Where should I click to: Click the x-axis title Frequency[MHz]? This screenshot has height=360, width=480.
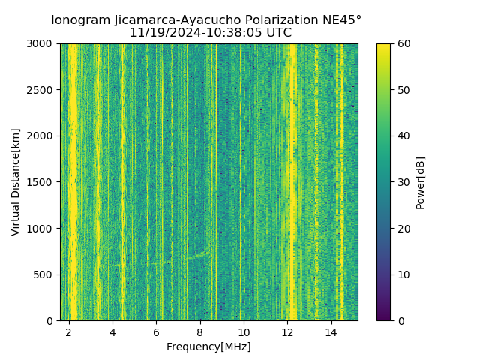[x=208, y=346]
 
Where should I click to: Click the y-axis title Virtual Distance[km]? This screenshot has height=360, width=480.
[x=16, y=181]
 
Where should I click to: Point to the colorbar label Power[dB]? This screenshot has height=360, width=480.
[x=421, y=182]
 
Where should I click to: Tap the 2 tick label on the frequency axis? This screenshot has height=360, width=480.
[x=69, y=332]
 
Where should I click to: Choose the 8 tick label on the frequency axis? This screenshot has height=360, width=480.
[x=200, y=332]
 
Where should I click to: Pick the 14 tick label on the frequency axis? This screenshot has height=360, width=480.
[x=331, y=332]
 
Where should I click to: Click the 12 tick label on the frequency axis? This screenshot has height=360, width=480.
[x=287, y=332]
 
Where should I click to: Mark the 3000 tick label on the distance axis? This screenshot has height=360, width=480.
[x=41, y=44]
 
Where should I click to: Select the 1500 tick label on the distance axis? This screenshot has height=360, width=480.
[x=41, y=182]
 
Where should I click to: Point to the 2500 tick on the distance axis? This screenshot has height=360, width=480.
[x=41, y=90]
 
